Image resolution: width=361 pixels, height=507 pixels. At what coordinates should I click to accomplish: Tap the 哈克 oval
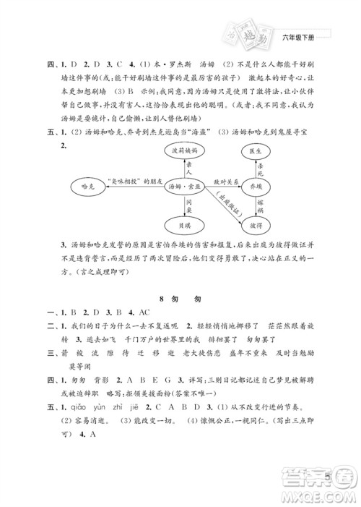[x=90, y=186]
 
